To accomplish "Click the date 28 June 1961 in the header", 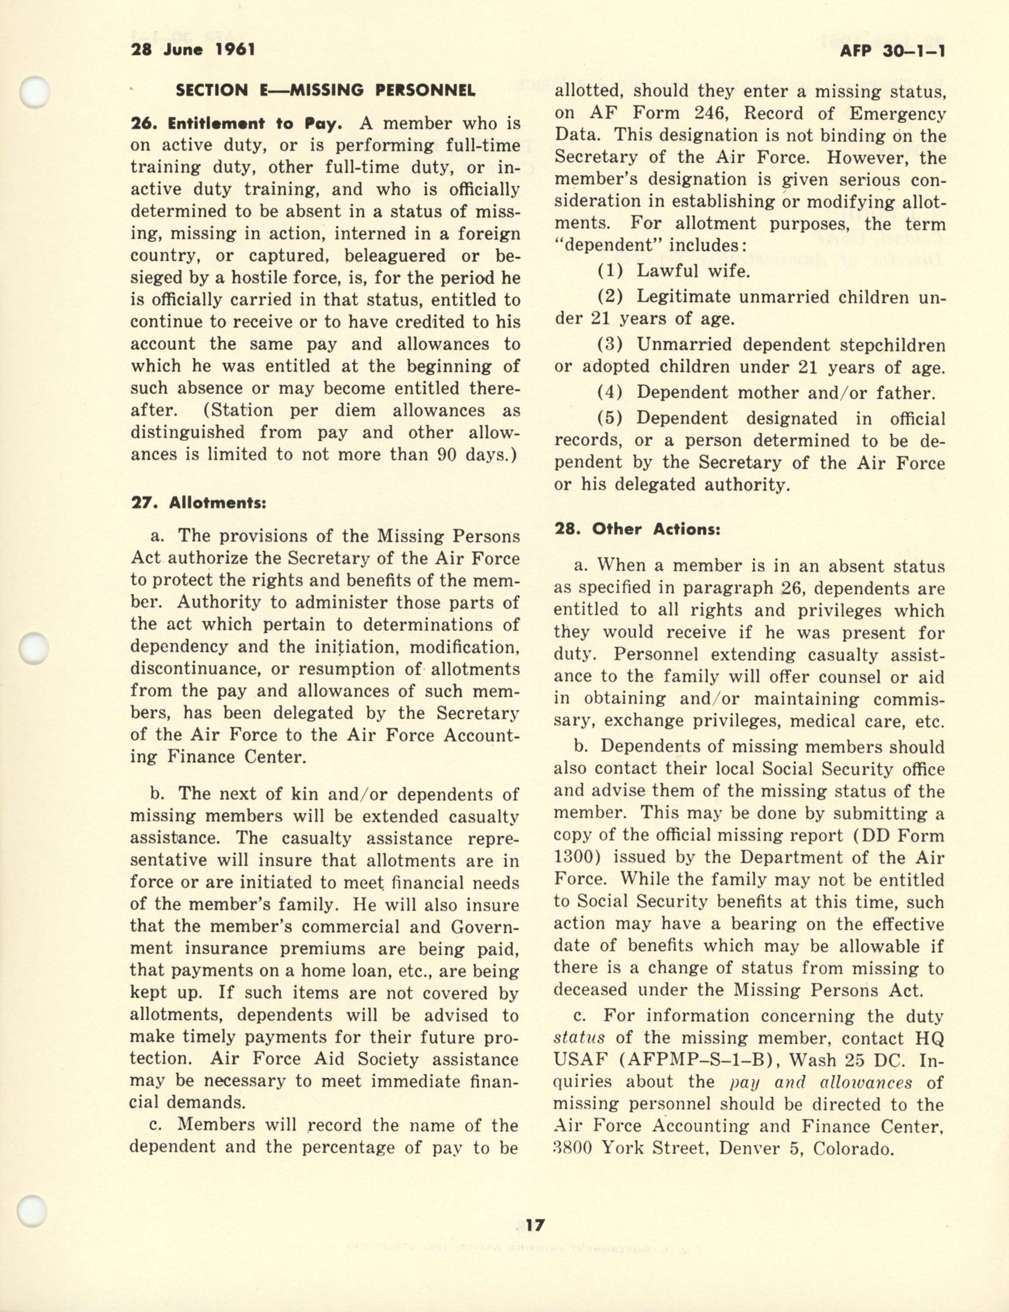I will point(193,49).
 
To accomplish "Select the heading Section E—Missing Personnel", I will point(325,91).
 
